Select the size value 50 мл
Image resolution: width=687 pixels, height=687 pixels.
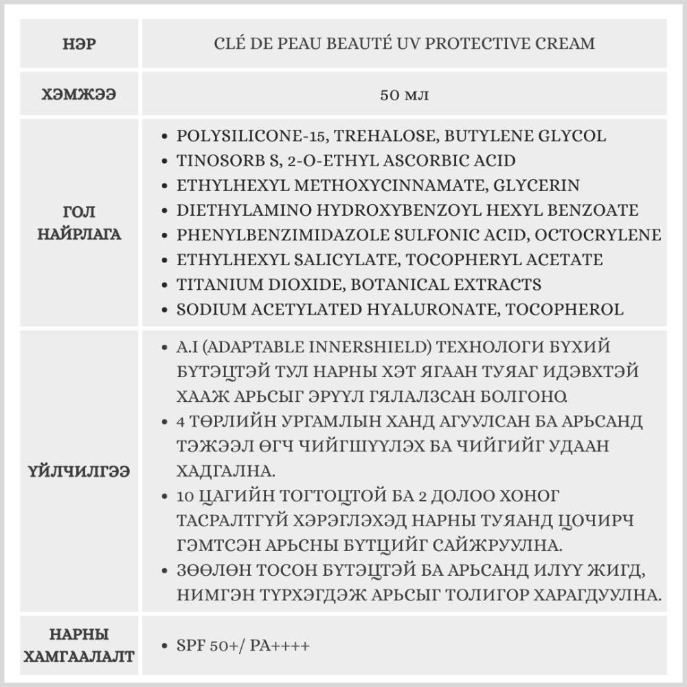404,94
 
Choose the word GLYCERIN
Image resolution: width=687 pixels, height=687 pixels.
540,185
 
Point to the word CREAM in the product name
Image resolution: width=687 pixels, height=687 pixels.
567,44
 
